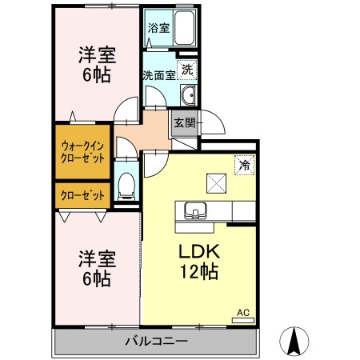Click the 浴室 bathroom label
pos(158,26)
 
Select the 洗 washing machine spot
pos(186,70)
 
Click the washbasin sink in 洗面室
pos(188,97)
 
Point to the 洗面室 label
pos(158,76)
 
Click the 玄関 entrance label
pos(184,123)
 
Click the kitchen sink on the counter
pos(194,211)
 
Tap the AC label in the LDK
pos(242,312)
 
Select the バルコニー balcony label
pos(156,342)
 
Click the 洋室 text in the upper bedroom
pos(96,55)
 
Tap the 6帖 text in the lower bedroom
pos(96,279)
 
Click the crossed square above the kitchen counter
pos(215,182)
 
